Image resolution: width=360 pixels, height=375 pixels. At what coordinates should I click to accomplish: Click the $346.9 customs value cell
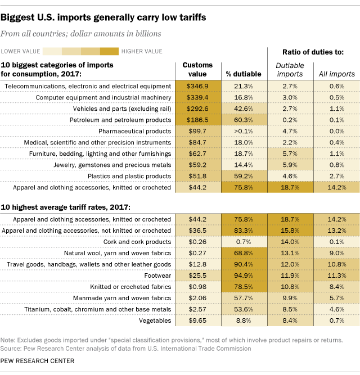(198, 85)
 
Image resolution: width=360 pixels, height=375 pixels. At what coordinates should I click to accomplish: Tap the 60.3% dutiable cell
(244, 120)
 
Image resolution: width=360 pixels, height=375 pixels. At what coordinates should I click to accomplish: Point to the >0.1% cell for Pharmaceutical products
(243, 131)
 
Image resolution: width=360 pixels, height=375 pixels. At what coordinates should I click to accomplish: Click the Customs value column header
(198, 70)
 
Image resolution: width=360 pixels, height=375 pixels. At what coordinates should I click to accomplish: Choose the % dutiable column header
(244, 74)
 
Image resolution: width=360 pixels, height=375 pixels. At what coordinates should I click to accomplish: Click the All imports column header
(337, 74)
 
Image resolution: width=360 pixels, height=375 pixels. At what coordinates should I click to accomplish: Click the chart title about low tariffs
(107, 17)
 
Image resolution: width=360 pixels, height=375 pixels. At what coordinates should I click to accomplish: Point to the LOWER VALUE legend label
(21, 51)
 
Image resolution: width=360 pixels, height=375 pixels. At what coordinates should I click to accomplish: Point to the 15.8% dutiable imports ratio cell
(290, 230)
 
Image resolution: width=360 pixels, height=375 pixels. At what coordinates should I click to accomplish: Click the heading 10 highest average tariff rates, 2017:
(68, 206)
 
